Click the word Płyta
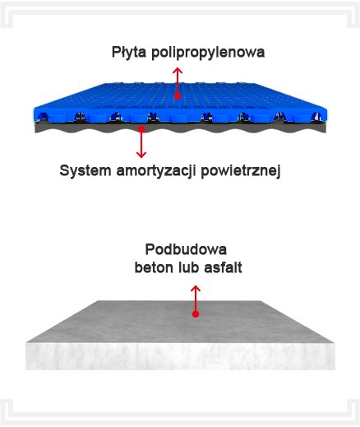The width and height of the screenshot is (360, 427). (129, 52)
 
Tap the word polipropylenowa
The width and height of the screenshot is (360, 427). (208, 52)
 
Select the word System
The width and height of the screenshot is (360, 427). (85, 171)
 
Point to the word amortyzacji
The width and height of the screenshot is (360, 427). (156, 171)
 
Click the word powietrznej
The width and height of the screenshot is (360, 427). (241, 171)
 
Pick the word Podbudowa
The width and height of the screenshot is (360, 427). (186, 249)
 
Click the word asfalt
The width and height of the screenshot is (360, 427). (223, 267)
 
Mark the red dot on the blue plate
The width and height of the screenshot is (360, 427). (178, 96)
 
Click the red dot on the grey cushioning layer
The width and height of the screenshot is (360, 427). (141, 129)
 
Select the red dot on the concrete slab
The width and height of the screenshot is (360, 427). (196, 314)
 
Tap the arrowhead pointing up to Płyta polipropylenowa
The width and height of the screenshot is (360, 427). (178, 71)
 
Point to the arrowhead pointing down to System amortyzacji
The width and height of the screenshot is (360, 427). (141, 155)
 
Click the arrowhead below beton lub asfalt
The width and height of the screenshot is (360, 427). (196, 289)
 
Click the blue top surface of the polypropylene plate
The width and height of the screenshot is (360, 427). (181, 96)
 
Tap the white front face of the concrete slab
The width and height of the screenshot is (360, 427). (180, 356)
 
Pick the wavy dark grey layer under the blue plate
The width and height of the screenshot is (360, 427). (180, 128)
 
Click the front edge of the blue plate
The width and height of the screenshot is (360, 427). (180, 115)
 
